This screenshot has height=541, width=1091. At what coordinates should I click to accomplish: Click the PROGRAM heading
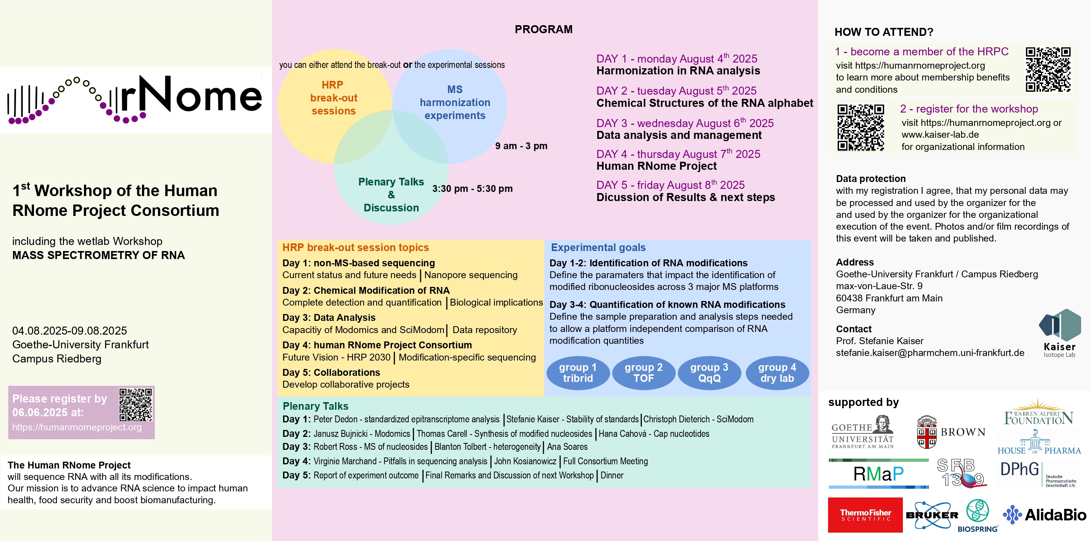pyautogui.click(x=543, y=29)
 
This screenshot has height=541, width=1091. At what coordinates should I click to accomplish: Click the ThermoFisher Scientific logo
pyautogui.click(x=865, y=515)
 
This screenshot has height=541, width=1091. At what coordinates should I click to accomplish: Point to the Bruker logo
pyautogui.click(x=932, y=515)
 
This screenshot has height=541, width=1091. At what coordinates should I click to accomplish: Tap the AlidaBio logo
pyautogui.click(x=1044, y=515)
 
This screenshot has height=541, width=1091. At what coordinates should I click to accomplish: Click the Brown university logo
pyautogui.click(x=951, y=432)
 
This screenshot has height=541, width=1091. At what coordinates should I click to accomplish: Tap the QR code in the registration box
pyautogui.click(x=135, y=405)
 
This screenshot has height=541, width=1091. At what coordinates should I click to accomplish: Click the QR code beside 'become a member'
pyautogui.click(x=1048, y=70)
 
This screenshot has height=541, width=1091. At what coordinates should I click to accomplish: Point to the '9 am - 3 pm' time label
pyautogui.click(x=521, y=146)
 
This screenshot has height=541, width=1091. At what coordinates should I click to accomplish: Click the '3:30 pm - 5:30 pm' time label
pyautogui.click(x=472, y=189)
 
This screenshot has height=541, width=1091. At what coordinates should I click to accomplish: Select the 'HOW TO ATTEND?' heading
pyautogui.click(x=883, y=32)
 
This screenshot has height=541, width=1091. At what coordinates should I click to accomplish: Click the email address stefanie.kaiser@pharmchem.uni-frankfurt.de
pyautogui.click(x=930, y=353)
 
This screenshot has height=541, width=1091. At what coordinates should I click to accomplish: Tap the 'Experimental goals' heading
pyautogui.click(x=598, y=248)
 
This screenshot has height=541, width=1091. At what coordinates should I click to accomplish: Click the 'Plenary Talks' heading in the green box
pyautogui.click(x=315, y=406)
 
